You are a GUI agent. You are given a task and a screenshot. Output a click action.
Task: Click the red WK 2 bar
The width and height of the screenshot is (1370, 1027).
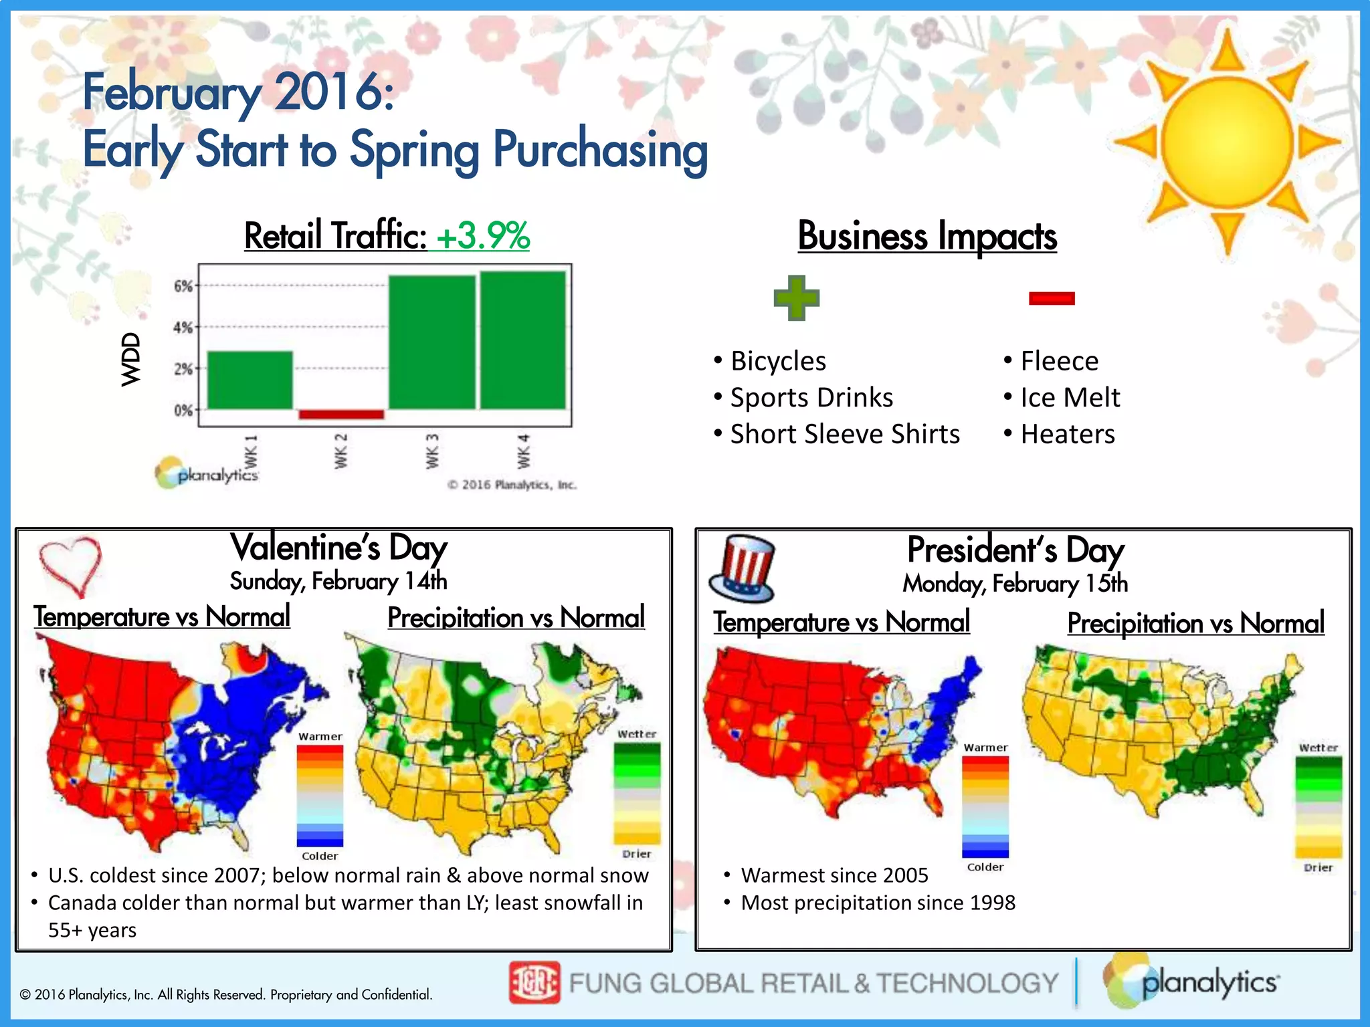point(341,415)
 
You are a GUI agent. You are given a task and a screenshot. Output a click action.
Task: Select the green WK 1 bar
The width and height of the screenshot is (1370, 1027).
point(250,380)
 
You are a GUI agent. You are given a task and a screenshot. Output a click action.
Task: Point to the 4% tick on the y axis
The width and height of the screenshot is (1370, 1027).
point(183,328)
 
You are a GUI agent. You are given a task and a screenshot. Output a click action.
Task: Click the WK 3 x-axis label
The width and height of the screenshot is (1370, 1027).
point(433,451)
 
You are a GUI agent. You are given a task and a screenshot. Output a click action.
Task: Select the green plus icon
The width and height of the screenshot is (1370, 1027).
point(796,298)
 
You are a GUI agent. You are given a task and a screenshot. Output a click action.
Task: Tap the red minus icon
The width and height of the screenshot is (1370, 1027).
point(1052,298)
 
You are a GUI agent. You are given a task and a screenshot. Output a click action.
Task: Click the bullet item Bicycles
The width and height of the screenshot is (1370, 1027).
point(778,361)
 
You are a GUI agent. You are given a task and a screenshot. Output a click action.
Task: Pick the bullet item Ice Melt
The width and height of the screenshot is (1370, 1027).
point(1070,398)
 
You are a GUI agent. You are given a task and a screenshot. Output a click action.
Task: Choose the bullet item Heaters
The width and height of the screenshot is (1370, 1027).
point(1068,435)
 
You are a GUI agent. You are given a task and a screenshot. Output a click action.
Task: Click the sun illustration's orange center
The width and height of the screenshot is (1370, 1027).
point(1227,142)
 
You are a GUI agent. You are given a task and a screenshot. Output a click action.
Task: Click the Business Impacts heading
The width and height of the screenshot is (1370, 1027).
point(927,236)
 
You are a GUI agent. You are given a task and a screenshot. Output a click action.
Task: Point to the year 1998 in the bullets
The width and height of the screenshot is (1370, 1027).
point(993,903)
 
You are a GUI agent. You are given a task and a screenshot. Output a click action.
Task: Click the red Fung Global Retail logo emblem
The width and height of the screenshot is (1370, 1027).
point(534,982)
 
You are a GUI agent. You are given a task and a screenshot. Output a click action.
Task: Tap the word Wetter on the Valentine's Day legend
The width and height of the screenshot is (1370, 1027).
point(637,734)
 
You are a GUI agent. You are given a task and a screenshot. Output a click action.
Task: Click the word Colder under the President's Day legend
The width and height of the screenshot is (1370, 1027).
point(985,867)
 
